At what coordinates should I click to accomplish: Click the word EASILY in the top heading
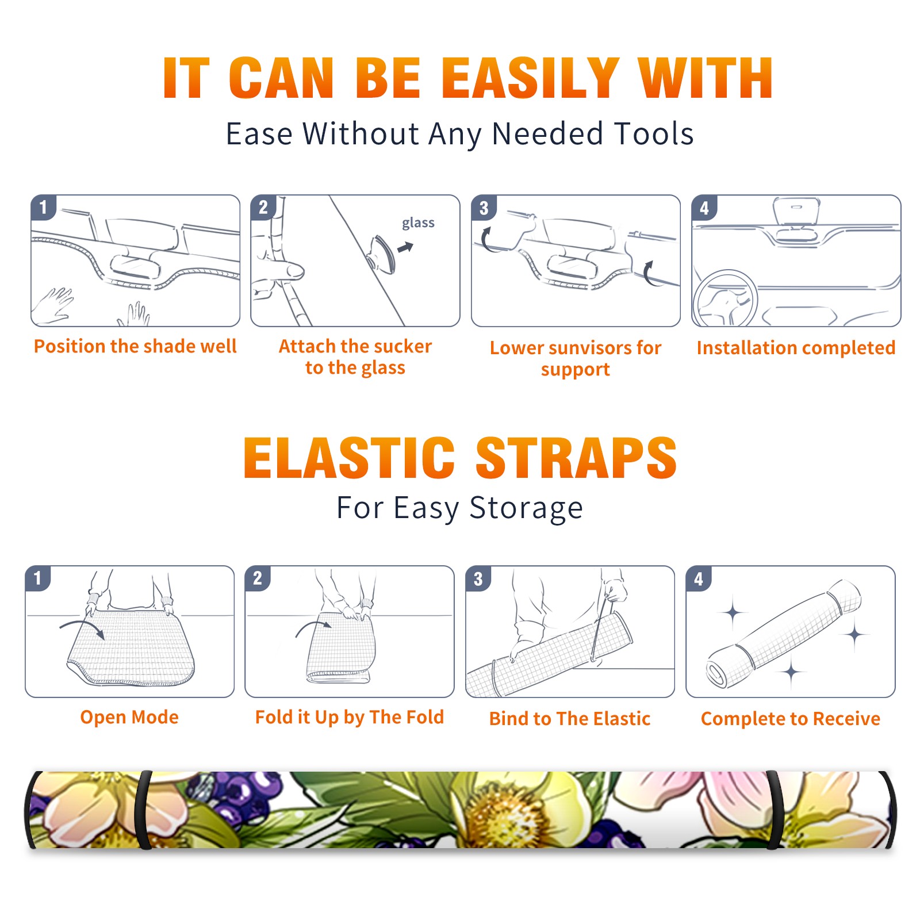(x=531, y=78)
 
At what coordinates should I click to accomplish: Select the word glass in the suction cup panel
(x=418, y=223)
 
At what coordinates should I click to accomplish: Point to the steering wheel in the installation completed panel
(x=725, y=298)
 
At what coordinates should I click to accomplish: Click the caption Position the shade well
(x=135, y=346)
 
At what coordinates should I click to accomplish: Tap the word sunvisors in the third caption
(x=583, y=348)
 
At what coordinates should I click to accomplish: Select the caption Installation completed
(x=796, y=348)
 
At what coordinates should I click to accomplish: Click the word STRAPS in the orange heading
(x=576, y=458)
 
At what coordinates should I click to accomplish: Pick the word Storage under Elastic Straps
(x=526, y=508)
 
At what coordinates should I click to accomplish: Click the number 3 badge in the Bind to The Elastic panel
(x=478, y=579)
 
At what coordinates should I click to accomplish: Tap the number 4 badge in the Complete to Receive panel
(x=699, y=579)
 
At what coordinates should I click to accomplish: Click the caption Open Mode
(x=129, y=717)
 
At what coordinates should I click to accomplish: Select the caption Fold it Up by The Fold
(x=350, y=717)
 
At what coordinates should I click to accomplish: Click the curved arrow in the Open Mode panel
(x=82, y=626)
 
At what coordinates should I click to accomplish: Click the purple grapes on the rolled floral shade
(x=241, y=793)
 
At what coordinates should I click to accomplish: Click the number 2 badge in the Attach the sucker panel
(x=263, y=208)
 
